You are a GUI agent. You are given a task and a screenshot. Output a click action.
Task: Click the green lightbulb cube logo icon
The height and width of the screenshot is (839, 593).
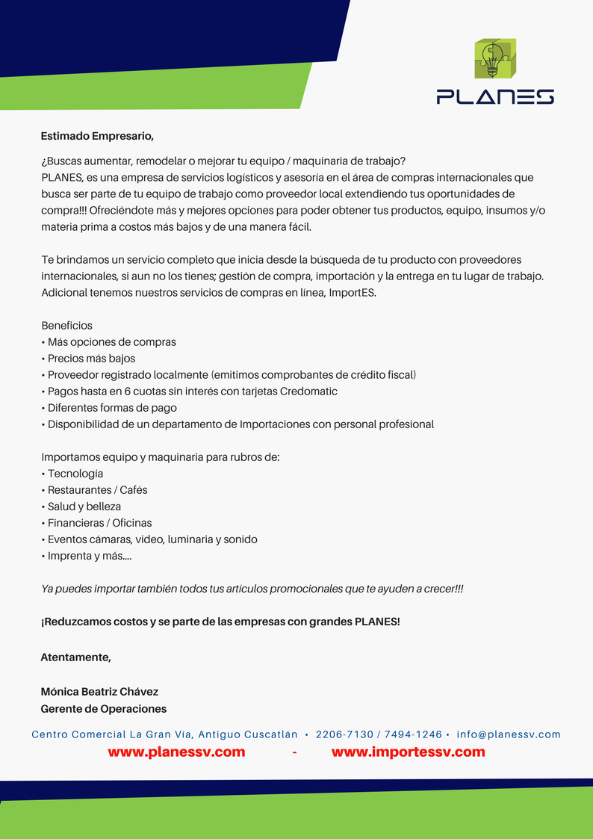point(495,59)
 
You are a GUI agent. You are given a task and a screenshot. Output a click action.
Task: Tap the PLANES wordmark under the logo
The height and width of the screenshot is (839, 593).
point(495,96)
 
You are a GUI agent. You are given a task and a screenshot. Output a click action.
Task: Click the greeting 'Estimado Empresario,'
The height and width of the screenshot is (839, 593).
point(97,136)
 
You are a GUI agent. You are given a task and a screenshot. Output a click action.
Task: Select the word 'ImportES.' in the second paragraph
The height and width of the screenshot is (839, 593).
point(353,293)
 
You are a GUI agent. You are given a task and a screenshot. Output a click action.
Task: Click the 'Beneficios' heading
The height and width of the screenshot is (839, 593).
point(67,326)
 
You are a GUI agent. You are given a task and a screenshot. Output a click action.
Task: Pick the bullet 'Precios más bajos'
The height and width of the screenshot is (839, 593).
point(91,359)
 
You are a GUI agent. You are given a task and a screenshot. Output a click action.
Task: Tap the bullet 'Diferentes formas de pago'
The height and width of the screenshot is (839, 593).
point(112,408)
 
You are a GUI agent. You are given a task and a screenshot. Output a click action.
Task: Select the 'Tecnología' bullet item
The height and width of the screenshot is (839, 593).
point(75,474)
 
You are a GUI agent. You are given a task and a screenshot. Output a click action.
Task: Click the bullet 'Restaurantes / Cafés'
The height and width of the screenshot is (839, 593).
point(97,490)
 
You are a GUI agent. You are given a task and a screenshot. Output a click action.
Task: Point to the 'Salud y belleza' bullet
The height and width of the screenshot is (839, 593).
point(84,507)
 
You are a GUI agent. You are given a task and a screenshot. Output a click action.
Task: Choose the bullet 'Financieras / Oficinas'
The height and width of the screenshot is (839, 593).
point(99,523)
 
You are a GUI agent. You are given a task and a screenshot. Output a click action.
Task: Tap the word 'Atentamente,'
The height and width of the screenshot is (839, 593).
point(75,657)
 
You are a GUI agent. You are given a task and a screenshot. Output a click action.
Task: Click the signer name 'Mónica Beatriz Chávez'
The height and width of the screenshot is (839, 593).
point(99,692)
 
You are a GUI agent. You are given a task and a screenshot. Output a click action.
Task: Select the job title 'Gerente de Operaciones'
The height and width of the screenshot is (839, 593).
point(103,709)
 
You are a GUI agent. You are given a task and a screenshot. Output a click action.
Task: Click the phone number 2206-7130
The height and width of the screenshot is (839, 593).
point(344,734)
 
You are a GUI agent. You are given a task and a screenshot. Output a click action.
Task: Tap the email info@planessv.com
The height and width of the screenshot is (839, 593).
point(509,734)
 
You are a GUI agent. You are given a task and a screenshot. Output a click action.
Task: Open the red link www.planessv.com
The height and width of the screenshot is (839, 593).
point(176,752)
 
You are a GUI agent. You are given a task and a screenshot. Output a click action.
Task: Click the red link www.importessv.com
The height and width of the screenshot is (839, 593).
point(408,752)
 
